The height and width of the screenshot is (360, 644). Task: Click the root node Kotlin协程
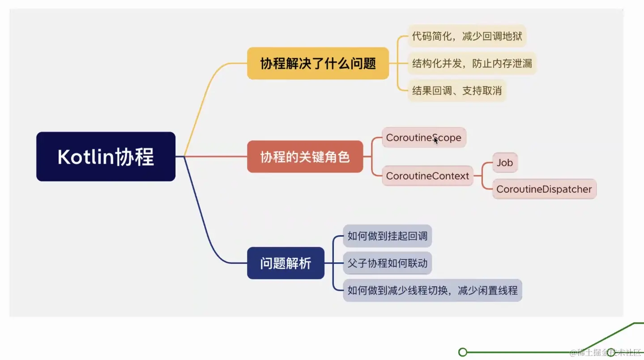[106, 157]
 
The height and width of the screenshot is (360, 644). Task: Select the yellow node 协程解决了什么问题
[318, 64]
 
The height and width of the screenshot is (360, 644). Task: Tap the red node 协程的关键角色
[305, 157]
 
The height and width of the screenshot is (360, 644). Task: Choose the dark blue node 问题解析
[286, 263]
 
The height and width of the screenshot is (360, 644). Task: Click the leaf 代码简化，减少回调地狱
[467, 36]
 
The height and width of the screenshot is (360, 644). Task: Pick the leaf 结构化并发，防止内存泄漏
[472, 63]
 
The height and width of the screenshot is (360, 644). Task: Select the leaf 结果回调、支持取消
[456, 91]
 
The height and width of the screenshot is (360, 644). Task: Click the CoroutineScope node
[423, 138]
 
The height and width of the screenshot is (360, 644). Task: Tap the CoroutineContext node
[427, 176]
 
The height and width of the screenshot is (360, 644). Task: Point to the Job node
[504, 163]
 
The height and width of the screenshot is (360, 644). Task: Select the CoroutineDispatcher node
[544, 189]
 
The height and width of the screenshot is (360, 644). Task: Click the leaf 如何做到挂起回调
[387, 236]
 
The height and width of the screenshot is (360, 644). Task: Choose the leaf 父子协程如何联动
[387, 263]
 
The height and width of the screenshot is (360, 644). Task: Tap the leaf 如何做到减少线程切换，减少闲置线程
[432, 290]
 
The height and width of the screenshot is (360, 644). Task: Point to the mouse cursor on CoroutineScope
[436, 140]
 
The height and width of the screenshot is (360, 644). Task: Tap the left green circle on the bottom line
[463, 352]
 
